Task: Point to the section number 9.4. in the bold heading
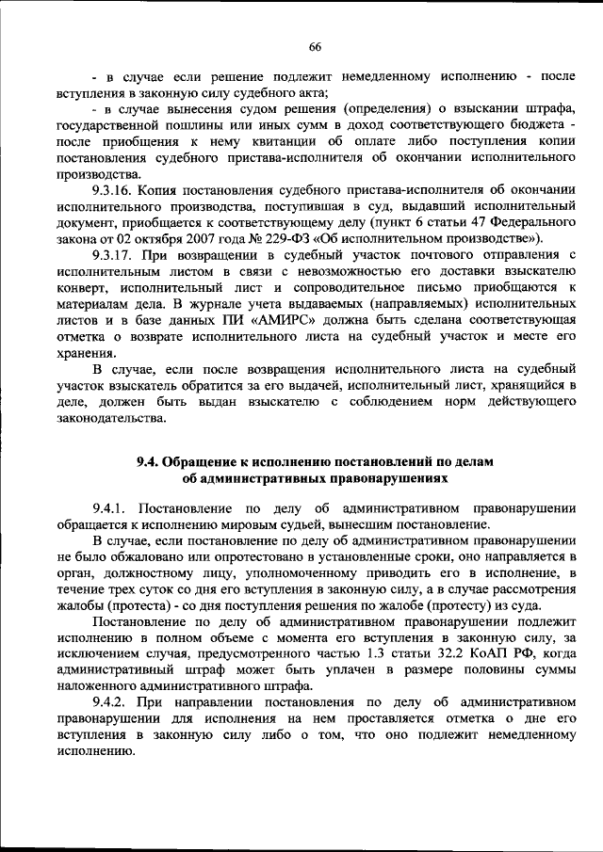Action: pos(150,461)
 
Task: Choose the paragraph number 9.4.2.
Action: pos(111,703)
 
